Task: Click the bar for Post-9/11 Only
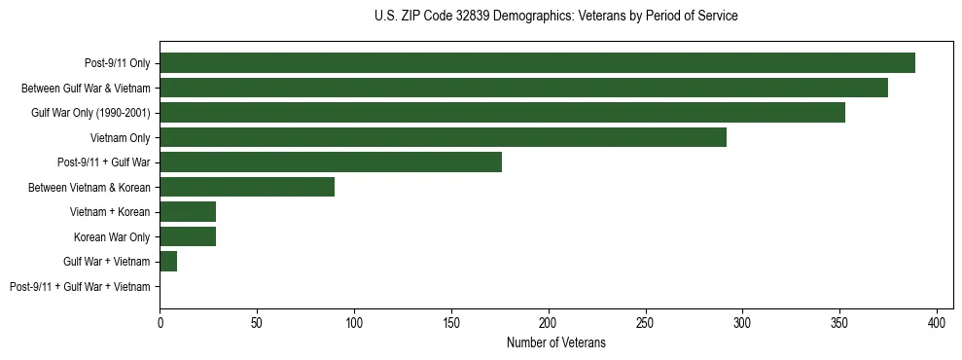[x=537, y=63]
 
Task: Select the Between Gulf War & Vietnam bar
[x=523, y=88]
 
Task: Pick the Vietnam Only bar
[x=443, y=137]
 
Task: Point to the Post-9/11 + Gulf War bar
[x=331, y=162]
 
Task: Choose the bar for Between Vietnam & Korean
[x=247, y=187]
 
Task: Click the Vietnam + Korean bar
[x=188, y=212]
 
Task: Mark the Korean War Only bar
[x=188, y=236]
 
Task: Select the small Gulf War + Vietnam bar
[x=168, y=262]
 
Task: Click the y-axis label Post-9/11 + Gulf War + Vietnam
[x=80, y=287]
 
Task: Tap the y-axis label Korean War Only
[x=112, y=237]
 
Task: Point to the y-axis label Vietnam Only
[x=121, y=138]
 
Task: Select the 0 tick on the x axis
[x=160, y=321]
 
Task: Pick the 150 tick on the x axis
[x=451, y=321]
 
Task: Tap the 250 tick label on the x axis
[x=646, y=321]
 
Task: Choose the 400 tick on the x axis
[x=937, y=321]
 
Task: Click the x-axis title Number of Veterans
[x=555, y=342]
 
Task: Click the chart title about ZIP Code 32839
[x=555, y=17]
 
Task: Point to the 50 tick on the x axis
[x=257, y=321]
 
